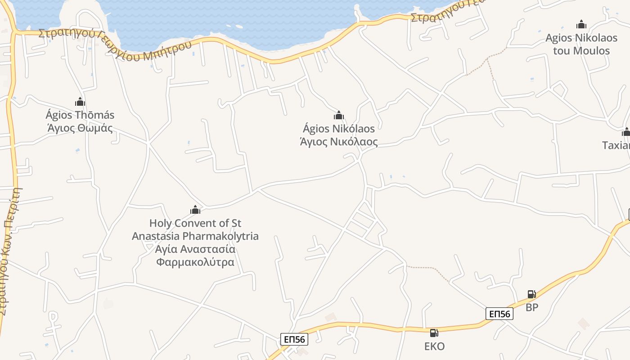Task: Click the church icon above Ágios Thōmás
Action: coord(80,102)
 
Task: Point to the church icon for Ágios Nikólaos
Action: coord(339,116)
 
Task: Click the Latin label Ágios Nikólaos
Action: coord(339,129)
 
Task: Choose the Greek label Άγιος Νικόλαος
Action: coord(339,142)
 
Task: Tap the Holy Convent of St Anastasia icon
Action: coord(195,210)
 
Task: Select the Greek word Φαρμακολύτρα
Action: coord(195,262)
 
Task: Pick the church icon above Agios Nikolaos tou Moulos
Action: coord(581,24)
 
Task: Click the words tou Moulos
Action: coord(581,50)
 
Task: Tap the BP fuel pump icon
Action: coord(531,294)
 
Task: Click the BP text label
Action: coord(532,308)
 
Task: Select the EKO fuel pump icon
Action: coord(434,333)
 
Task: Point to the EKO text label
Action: coord(434,346)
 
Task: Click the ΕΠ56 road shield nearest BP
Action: coord(499,314)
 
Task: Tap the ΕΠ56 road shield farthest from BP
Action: coord(294,339)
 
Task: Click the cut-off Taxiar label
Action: coord(616,145)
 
